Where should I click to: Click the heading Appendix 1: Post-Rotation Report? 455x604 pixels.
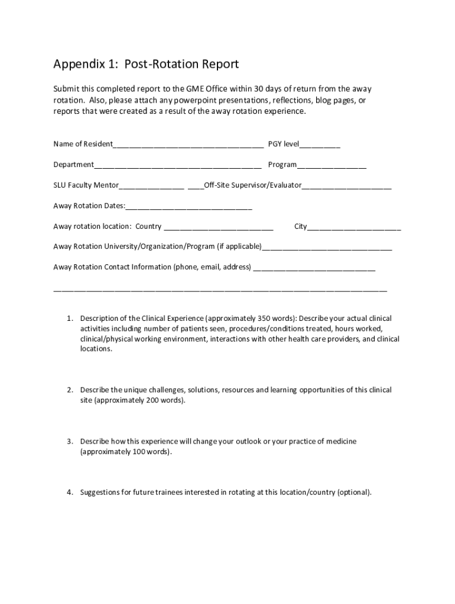[145, 64]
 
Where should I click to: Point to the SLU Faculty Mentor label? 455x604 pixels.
[86, 186]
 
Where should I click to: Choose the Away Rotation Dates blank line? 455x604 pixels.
[188, 207]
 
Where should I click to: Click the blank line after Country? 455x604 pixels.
[218, 227]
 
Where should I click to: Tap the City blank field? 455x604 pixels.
[354, 227]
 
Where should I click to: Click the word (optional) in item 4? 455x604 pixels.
[354, 492]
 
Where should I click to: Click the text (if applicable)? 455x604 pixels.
[239, 247]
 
